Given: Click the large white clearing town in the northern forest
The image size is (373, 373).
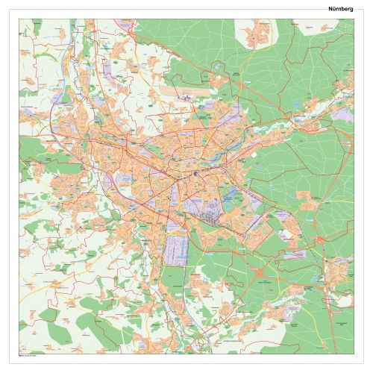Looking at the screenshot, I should pos(257,34).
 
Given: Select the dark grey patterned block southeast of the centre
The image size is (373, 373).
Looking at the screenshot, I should pos(216,217).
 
